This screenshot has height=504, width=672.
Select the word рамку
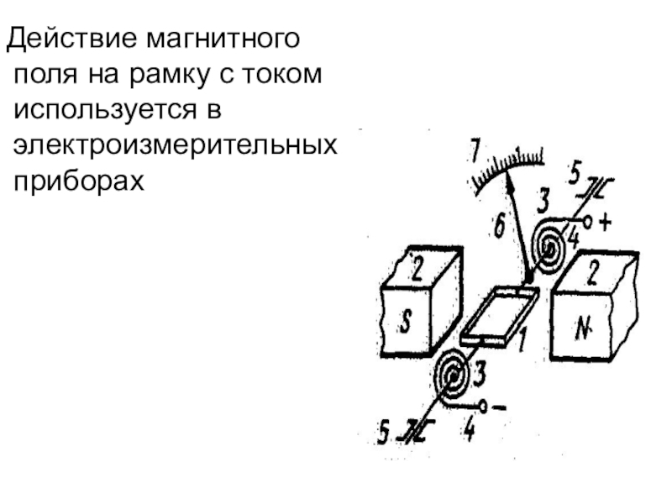point(176,75)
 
